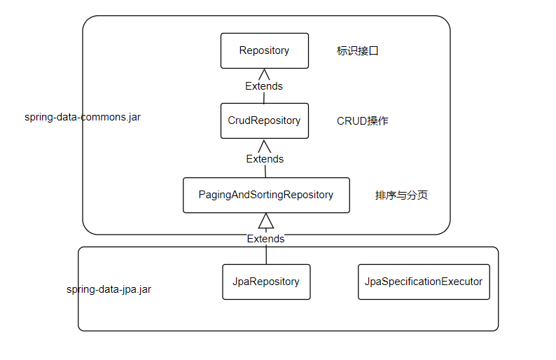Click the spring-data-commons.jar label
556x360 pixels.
click(83, 117)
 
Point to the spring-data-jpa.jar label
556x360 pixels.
click(109, 289)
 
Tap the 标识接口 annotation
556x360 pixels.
click(358, 51)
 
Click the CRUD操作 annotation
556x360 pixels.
click(363, 121)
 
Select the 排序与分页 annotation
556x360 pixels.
click(401, 195)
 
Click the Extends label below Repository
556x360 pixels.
click(264, 86)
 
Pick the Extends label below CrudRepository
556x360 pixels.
click(265, 159)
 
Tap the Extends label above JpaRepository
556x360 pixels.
click(265, 239)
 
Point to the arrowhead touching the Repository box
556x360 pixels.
click(264, 74)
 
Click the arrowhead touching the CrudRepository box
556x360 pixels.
click(264, 145)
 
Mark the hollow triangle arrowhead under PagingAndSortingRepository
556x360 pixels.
click(265, 221)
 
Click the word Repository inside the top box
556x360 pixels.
click(264, 50)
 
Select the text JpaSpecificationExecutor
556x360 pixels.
click(424, 282)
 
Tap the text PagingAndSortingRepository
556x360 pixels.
click(265, 195)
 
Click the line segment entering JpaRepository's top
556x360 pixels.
click(265, 254)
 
